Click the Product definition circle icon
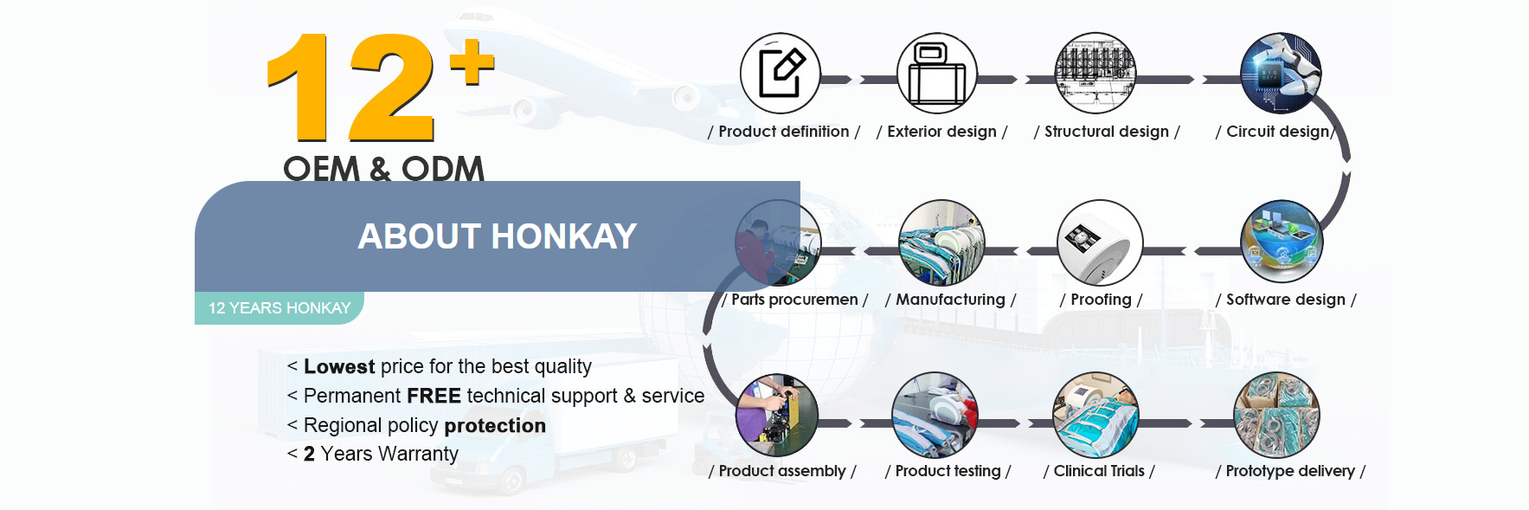781,74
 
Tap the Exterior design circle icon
937,74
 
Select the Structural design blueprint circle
1095,74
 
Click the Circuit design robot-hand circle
1281,74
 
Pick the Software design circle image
1282,242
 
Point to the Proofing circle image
1100,242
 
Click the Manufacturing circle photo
941,242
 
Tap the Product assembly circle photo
776,415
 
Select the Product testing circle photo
935,415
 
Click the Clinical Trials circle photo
1095,415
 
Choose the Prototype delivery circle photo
1276,415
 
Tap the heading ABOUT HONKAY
498,236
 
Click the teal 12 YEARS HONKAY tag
279,308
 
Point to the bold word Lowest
339,367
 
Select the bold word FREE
434,397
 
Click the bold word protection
495,426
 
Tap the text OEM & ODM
383,169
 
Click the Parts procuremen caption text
794,300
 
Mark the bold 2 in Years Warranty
309,455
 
